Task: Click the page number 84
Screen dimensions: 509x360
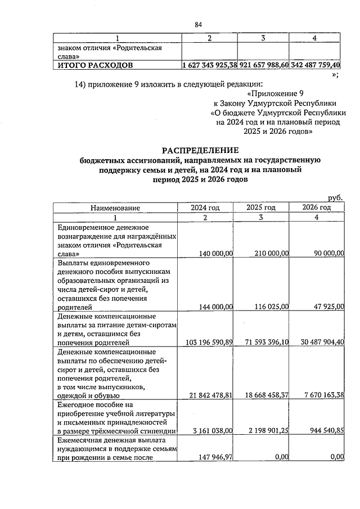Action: pos(198,24)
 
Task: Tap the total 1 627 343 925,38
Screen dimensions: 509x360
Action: pos(210,65)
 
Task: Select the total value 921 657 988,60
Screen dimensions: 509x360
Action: pos(264,65)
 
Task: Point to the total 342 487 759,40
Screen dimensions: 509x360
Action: pos(315,65)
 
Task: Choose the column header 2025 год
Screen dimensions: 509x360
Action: pos(261,208)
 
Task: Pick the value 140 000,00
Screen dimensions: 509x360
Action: pos(213,254)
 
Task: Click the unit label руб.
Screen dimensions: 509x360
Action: pos(335,198)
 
